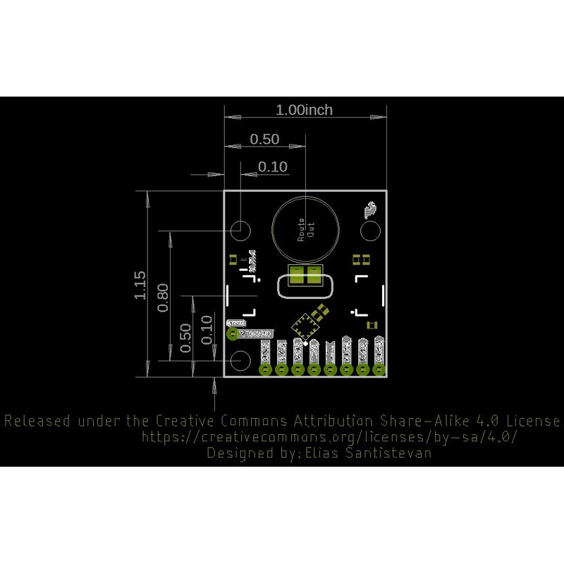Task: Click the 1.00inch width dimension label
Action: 304,110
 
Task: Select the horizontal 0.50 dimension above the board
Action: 265,139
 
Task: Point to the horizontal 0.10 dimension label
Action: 273,167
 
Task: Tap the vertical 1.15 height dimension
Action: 140,285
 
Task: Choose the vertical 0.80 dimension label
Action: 163,298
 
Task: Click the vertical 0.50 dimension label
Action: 186,338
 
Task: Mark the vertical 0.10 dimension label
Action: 207,329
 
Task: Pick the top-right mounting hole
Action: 369,230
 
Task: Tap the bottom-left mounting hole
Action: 240,360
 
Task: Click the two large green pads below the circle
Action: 305,276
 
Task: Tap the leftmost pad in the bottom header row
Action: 266,369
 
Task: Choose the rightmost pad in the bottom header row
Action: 379,369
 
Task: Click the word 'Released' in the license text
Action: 37,422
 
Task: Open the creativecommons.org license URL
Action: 329,437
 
